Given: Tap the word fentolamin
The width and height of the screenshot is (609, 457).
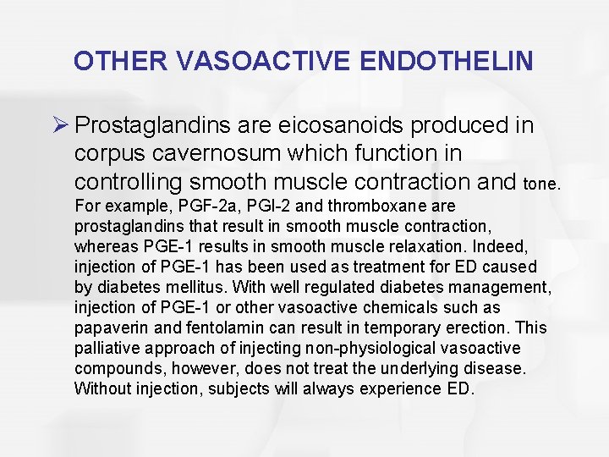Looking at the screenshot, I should click(215, 328).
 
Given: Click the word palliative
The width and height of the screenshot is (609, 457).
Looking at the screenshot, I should click(104, 348).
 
